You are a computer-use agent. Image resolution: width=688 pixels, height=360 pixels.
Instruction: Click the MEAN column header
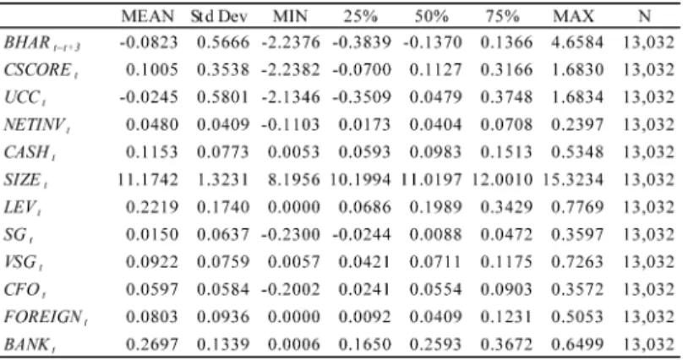click(147, 17)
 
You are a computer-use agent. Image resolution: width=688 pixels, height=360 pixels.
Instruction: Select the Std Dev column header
click(219, 17)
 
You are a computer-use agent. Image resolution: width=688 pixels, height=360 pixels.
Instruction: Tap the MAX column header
click(573, 17)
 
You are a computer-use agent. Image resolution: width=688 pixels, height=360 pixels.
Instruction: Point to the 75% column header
click(503, 17)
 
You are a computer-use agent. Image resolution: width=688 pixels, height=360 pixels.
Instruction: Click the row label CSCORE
click(41, 70)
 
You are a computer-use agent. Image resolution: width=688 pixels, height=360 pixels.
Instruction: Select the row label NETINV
click(37, 125)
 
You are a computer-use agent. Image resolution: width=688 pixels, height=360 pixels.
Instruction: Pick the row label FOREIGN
click(46, 317)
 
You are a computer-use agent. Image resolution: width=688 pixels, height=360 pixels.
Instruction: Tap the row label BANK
click(30, 345)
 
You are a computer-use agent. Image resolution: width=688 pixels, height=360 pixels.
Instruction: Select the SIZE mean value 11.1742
click(147, 180)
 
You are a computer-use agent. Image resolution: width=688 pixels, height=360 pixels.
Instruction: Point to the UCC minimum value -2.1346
click(291, 97)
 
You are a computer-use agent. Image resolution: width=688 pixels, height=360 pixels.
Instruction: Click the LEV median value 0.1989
click(435, 207)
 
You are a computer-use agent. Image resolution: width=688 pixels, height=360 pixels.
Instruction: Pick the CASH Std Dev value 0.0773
click(223, 152)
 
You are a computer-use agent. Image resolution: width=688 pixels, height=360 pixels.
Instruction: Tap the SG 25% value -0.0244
click(362, 235)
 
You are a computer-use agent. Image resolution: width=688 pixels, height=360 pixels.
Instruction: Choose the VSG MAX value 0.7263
click(577, 262)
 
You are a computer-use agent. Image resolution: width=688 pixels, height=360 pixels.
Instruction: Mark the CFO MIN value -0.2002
click(291, 289)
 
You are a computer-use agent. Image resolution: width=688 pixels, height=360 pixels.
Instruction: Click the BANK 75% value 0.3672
click(506, 344)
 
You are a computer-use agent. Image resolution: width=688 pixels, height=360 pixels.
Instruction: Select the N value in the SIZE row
click(648, 180)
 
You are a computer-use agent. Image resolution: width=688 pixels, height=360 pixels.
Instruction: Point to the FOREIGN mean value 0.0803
click(152, 317)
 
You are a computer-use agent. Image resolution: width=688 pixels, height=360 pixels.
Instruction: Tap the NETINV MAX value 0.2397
click(577, 125)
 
